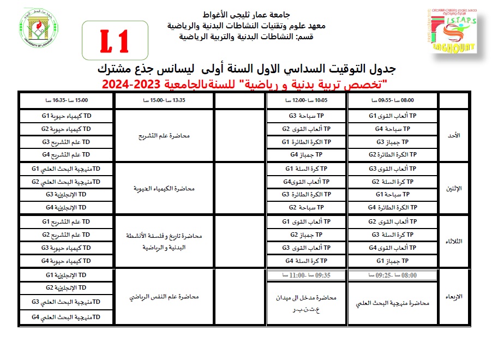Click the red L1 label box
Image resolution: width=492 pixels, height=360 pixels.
point(115,40)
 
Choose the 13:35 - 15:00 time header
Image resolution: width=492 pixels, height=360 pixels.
point(163,101)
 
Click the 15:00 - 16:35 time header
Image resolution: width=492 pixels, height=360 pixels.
point(65,101)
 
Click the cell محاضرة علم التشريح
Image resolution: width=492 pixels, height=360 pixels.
point(163,135)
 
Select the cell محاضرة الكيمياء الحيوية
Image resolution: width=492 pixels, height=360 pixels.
point(163,188)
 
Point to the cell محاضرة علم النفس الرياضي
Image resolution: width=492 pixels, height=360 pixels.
point(163,297)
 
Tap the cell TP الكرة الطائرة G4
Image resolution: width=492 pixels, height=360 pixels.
point(392,207)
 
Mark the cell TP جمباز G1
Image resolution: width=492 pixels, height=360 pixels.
point(392,261)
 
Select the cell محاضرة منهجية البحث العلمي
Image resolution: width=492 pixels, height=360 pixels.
point(392,303)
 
